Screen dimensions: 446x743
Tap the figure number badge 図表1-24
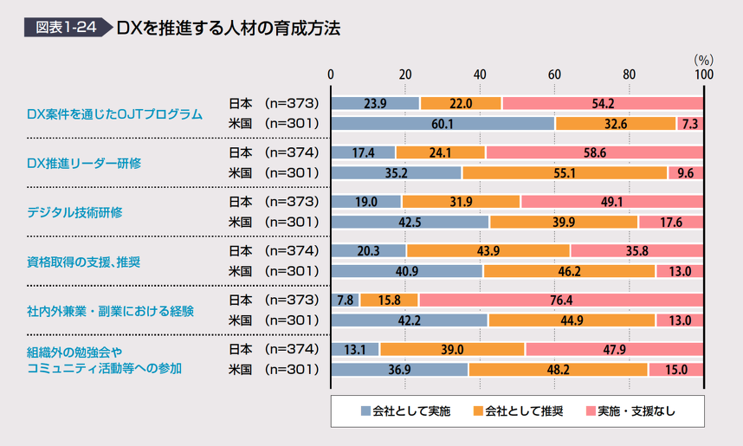(65, 28)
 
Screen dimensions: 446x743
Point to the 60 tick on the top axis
(554, 74)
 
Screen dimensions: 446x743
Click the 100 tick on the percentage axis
(704, 74)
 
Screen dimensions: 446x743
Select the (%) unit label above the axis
(703, 60)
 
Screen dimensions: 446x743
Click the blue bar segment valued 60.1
(443, 124)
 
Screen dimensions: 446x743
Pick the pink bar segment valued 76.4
(559, 301)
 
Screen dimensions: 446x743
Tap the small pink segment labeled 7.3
(689, 124)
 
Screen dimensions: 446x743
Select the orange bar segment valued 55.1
(565, 172)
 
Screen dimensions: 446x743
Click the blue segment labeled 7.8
(346, 301)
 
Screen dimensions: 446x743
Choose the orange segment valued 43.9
(488, 251)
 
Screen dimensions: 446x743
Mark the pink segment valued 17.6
(671, 222)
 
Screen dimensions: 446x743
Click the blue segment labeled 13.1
(355, 350)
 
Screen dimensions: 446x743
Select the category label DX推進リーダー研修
(84, 163)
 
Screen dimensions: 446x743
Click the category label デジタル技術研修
(74, 212)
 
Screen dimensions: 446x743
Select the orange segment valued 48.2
(558, 370)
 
